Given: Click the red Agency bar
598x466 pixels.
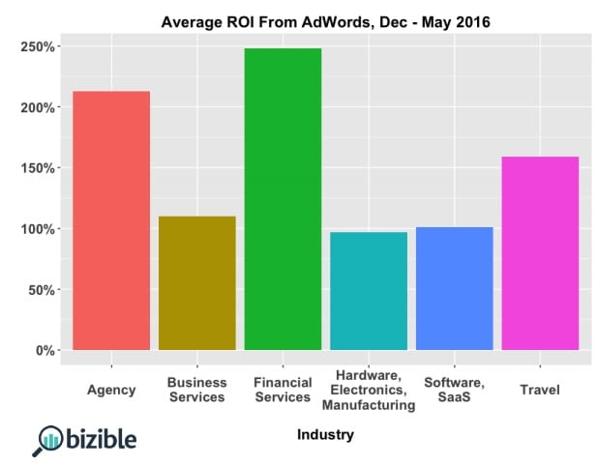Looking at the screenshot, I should click(111, 220).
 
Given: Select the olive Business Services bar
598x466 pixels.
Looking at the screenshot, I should click(196, 282).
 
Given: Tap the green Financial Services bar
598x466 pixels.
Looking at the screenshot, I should click(283, 198).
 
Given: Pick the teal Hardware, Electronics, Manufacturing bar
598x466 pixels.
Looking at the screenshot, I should click(369, 290).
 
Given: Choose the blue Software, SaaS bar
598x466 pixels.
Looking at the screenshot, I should click(454, 288).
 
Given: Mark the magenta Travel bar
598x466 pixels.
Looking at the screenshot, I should click(540, 253).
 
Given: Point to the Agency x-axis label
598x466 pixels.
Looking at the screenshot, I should click(111, 390).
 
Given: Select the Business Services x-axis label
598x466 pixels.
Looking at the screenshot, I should click(196, 390).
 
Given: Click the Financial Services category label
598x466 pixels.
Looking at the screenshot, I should click(283, 390).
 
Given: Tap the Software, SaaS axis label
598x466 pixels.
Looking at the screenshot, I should click(454, 390).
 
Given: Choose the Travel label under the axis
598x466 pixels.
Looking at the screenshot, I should click(540, 390).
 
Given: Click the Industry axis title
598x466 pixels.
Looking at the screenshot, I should click(326, 435).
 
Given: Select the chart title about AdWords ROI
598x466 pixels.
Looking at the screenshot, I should click(326, 21).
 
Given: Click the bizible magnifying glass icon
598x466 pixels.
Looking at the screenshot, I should click(47, 441).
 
